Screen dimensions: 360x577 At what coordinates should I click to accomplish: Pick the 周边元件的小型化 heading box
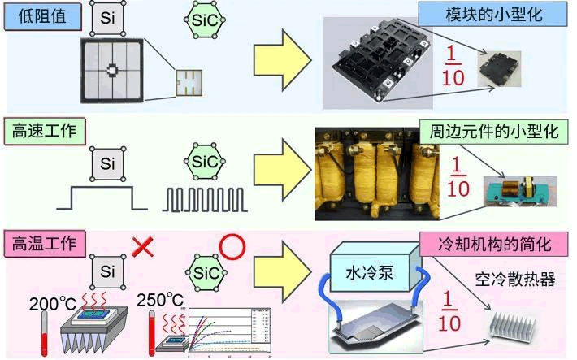click(x=495, y=131)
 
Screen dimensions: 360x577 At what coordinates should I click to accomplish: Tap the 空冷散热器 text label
click(x=514, y=280)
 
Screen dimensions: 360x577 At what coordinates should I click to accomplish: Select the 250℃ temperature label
click(x=160, y=300)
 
